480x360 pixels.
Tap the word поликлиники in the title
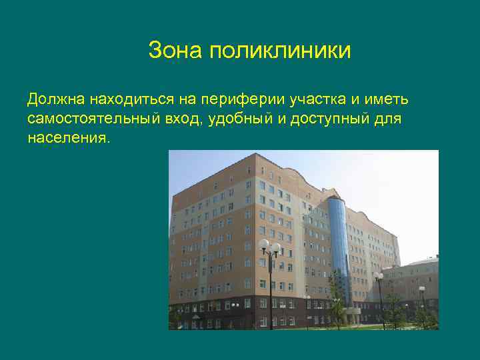279,50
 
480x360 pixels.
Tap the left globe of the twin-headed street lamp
264,245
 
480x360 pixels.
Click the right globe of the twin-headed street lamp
275,247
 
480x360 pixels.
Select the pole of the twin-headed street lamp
270,293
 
